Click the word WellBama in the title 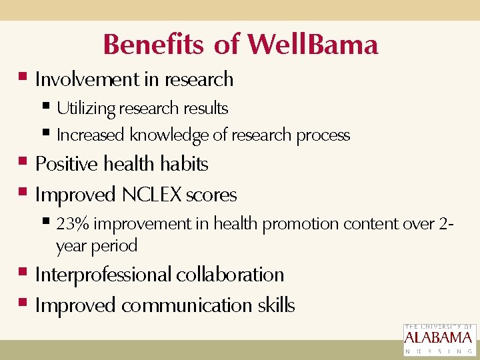click(x=313, y=45)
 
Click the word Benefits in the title click(x=153, y=45)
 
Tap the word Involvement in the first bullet click(x=87, y=79)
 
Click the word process click(x=323, y=135)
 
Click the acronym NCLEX click(x=152, y=195)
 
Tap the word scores click(x=211, y=195)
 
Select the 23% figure click(x=71, y=224)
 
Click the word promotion click(x=294, y=224)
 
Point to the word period click(x=114, y=246)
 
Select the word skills click(x=276, y=305)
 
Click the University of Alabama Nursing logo click(x=439, y=339)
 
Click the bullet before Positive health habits click(x=23, y=162)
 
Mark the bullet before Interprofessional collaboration click(x=23, y=273)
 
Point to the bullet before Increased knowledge click(x=45, y=133)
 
